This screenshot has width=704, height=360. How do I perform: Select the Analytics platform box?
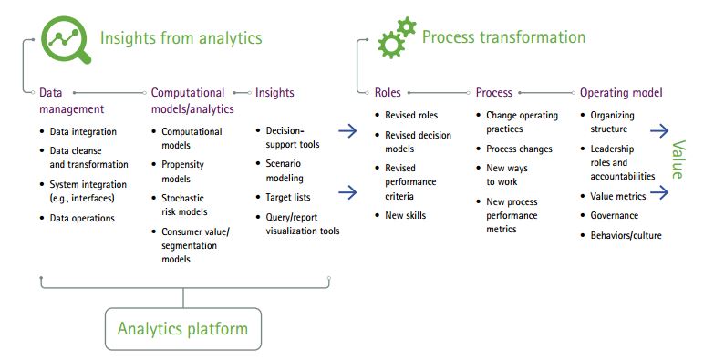tap(182, 328)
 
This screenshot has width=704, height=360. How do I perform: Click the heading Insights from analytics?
tap(181, 38)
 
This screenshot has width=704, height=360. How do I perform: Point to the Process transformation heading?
tap(503, 37)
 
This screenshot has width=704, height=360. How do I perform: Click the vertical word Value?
tap(678, 160)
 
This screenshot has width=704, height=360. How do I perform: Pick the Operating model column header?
tap(621, 93)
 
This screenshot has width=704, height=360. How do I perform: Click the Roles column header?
tap(388, 93)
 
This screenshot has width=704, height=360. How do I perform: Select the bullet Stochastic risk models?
tap(182, 205)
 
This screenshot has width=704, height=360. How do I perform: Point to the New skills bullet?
tap(405, 215)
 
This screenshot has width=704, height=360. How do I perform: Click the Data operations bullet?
tap(82, 219)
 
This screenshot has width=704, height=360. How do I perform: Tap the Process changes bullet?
tap(519, 149)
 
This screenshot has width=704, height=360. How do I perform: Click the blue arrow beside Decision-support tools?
tap(347, 131)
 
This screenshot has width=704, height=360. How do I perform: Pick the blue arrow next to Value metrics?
tap(660, 192)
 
